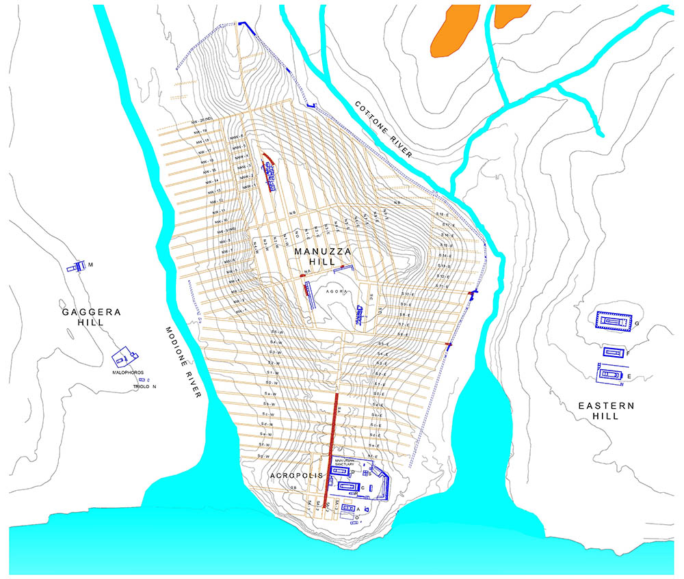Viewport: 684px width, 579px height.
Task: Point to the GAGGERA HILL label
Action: (92, 317)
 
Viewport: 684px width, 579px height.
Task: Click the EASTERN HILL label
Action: (606, 410)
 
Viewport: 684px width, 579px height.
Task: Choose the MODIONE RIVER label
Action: (184, 363)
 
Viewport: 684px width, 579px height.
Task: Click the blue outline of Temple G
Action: (614, 321)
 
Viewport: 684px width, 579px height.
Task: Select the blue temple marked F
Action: (613, 352)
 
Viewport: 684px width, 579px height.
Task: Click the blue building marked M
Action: (74, 267)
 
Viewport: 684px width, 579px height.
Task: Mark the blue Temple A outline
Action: (347, 509)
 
